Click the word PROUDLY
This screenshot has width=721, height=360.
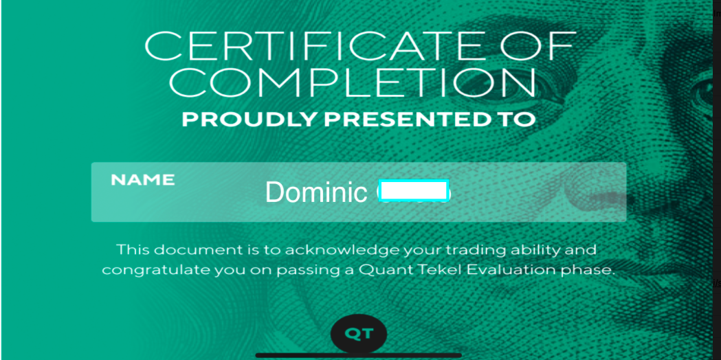click(250, 119)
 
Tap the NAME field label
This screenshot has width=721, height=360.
click(143, 180)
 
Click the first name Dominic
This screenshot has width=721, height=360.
click(316, 192)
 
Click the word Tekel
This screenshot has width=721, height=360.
click(440, 270)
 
